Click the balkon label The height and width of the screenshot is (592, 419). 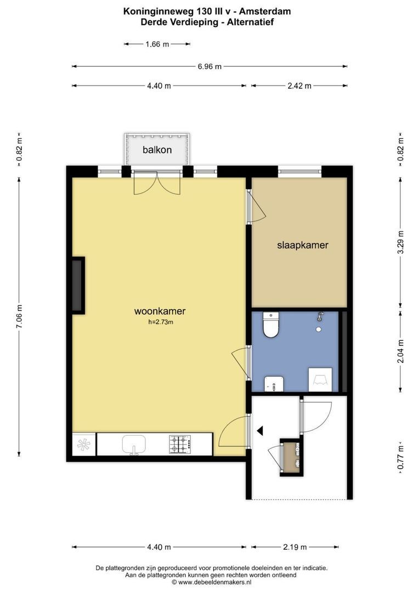pos(157,150)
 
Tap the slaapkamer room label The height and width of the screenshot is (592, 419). pos(303,245)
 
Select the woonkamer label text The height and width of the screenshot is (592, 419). pos(160,311)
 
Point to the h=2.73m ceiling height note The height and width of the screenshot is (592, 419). pos(161,322)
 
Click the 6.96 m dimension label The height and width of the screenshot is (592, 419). pos(209,66)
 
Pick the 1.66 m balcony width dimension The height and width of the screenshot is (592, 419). pos(157,44)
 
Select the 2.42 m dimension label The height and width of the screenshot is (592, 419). pos(299,86)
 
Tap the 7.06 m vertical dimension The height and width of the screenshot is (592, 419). pos(19,316)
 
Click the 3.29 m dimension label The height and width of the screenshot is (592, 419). pos(401,242)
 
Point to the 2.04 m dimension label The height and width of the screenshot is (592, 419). pos(401,351)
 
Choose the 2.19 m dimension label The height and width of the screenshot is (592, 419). pos(295,547)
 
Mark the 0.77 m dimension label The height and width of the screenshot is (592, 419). pos(401,458)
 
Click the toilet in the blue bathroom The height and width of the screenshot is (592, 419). pos(270,325)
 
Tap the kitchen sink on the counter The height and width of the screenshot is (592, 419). pos(134,444)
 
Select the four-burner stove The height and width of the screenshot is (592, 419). pos(180,445)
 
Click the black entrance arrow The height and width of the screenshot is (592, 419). pos(260,430)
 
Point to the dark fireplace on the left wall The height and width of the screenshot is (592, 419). pos(78,286)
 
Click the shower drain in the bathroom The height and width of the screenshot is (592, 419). pos(319,329)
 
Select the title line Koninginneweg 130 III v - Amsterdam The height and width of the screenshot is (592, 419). pos(207,12)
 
